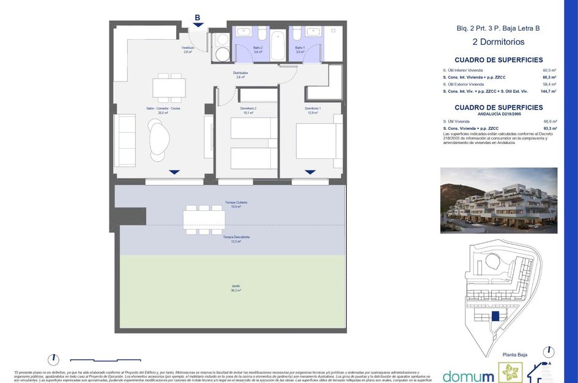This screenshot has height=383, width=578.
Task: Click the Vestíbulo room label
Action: pyautogui.click(x=188, y=48)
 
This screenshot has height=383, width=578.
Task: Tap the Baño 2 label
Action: pyautogui.click(x=258, y=48)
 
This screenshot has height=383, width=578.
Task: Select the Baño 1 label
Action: pyautogui.click(x=300, y=48)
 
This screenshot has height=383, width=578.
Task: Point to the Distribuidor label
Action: pyautogui.click(x=240, y=74)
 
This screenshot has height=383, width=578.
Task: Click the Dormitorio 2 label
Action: pyautogui.click(x=248, y=109)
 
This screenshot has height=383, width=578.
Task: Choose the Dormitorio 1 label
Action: pyautogui.click(x=313, y=109)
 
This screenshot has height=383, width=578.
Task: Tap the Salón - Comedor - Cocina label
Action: pyautogui.click(x=163, y=109)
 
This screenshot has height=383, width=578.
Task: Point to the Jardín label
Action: pyautogui.click(x=235, y=286)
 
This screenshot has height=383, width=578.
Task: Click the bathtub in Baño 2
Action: pyautogui.click(x=278, y=45)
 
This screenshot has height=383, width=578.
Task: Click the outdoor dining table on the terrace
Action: pyautogui.click(x=204, y=219)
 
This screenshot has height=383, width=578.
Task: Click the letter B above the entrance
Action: pyautogui.click(x=198, y=18)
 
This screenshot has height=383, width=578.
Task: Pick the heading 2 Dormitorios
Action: pyautogui.click(x=498, y=42)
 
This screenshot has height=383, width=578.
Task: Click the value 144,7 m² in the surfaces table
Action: pyautogui.click(x=548, y=91)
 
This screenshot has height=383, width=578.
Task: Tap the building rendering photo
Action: pyautogui.click(x=498, y=200)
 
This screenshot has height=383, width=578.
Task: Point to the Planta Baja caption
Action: pyautogui.click(x=514, y=355)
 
